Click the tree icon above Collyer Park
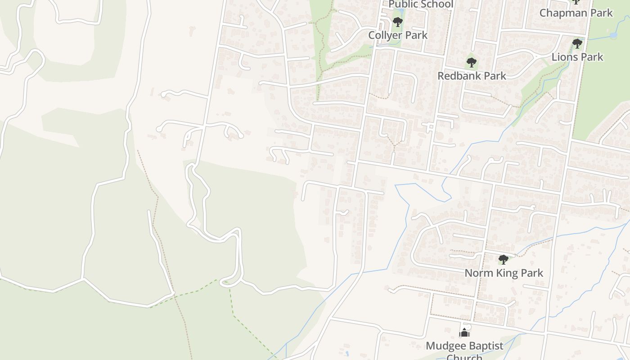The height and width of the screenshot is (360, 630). click(397, 22)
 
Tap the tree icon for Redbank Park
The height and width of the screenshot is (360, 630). click(471, 63)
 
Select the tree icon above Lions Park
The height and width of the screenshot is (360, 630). click(577, 44)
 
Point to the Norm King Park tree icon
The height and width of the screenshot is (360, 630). click(504, 260)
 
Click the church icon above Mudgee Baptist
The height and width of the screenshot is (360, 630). click(464, 333)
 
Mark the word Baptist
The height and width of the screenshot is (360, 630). click(486, 346)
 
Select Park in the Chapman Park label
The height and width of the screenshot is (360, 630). click(602, 13)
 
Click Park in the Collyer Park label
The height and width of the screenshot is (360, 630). click(417, 35)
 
